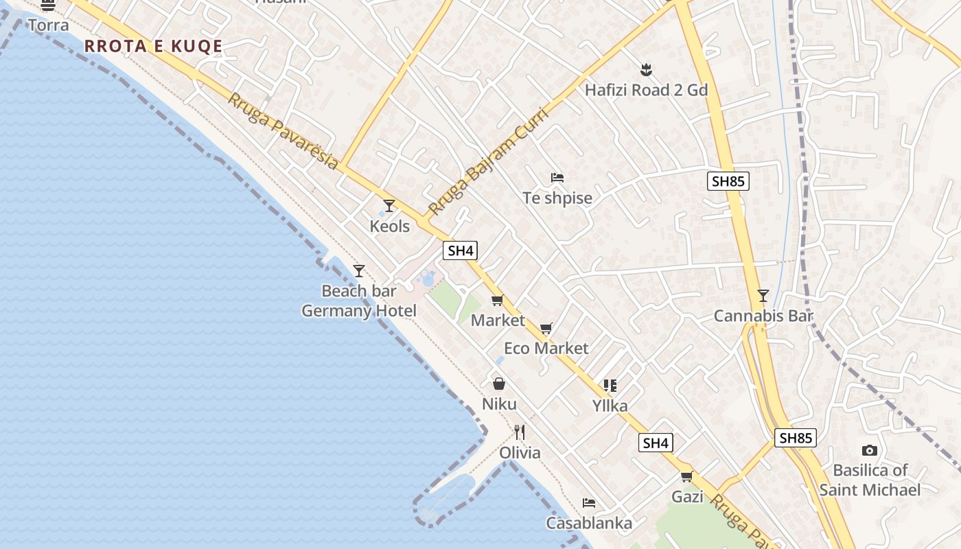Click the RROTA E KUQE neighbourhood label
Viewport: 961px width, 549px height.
(x=153, y=46)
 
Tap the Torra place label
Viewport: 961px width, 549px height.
(x=48, y=25)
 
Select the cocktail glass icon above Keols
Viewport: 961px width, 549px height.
(x=389, y=205)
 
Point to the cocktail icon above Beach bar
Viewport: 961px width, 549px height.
(x=358, y=270)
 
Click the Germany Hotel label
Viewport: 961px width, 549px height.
(x=359, y=311)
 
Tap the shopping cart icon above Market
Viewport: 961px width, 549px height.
(x=498, y=300)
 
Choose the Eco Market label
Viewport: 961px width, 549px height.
(x=546, y=348)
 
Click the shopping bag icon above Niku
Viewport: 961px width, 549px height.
(x=499, y=384)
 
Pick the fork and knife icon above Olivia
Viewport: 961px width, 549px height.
(x=520, y=432)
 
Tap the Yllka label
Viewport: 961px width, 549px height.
(x=610, y=406)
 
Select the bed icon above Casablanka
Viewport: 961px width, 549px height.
(x=588, y=503)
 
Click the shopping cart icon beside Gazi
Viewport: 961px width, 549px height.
(x=686, y=476)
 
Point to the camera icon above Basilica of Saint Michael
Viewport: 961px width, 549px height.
(x=869, y=450)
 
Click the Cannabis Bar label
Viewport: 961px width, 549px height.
(x=763, y=316)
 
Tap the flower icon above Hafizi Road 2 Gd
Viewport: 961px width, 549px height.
(x=645, y=69)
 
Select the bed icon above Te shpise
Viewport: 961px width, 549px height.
(x=557, y=178)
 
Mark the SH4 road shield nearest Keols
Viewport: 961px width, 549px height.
(x=460, y=250)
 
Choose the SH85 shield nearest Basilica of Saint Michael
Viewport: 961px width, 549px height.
(x=795, y=438)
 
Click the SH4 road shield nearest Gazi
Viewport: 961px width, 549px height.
(x=655, y=443)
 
